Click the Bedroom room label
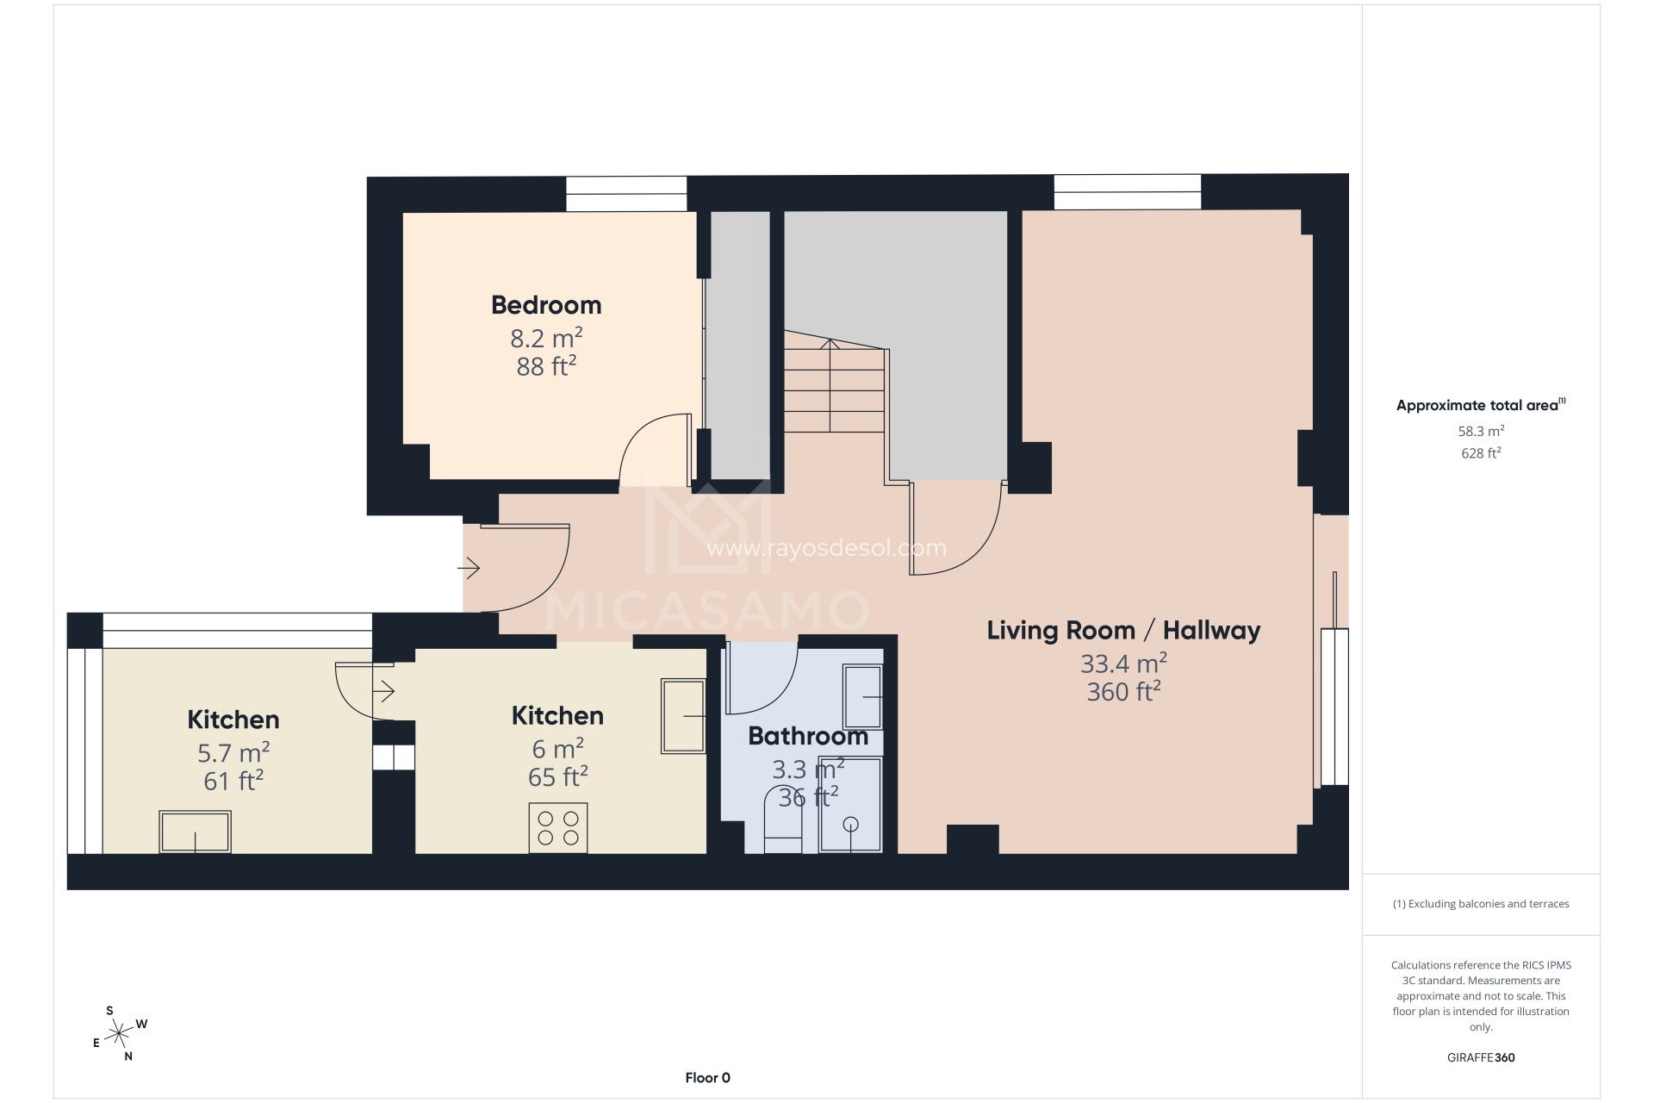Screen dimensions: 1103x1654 click(546, 305)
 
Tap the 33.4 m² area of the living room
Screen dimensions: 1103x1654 click(1123, 664)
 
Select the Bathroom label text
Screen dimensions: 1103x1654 click(807, 736)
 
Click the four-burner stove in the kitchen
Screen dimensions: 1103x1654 click(558, 828)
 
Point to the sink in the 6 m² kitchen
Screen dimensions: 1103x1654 click(683, 715)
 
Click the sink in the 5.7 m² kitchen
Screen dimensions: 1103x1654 click(196, 832)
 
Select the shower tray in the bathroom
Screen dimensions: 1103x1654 click(850, 805)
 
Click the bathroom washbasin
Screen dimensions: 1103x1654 click(862, 696)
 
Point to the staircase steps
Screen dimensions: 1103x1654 click(834, 388)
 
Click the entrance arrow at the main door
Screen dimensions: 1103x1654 click(469, 569)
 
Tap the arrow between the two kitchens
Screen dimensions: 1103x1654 click(384, 691)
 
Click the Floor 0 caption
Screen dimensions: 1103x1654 click(707, 1078)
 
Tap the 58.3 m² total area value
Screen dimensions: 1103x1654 click(1480, 431)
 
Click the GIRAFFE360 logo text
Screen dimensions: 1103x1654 click(1480, 1057)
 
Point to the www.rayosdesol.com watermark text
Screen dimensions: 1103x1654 click(825, 548)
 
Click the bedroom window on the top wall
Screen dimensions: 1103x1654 click(626, 193)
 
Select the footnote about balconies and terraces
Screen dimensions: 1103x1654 click(1480, 904)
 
